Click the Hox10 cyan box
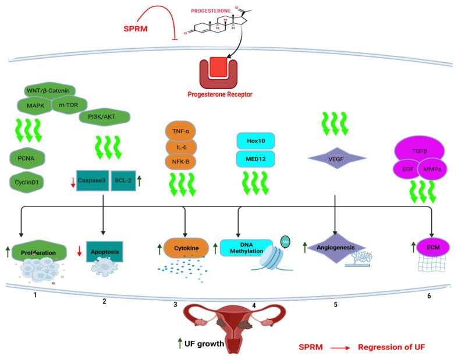point(255,141)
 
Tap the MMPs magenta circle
point(432,169)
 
